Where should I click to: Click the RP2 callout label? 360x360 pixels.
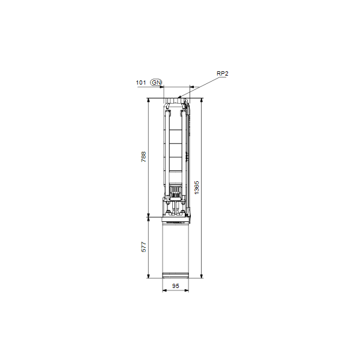click(x=223, y=73)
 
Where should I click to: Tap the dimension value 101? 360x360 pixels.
click(x=140, y=82)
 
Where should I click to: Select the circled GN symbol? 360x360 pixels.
click(x=156, y=82)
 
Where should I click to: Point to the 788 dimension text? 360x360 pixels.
click(x=143, y=157)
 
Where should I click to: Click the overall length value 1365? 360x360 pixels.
click(x=197, y=187)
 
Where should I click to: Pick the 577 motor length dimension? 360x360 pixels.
click(x=143, y=247)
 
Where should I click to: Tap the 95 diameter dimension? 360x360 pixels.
click(x=176, y=286)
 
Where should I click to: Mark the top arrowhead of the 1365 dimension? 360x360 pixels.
click(x=202, y=100)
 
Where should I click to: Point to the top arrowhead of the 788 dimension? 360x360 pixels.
click(x=149, y=100)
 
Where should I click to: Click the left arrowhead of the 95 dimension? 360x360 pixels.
click(x=164, y=291)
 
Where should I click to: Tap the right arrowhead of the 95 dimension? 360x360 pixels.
click(x=188, y=291)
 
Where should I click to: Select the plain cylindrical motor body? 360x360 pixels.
click(x=176, y=249)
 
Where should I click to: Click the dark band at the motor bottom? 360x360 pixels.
click(x=176, y=275)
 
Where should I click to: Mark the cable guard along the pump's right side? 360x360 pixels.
click(x=189, y=150)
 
